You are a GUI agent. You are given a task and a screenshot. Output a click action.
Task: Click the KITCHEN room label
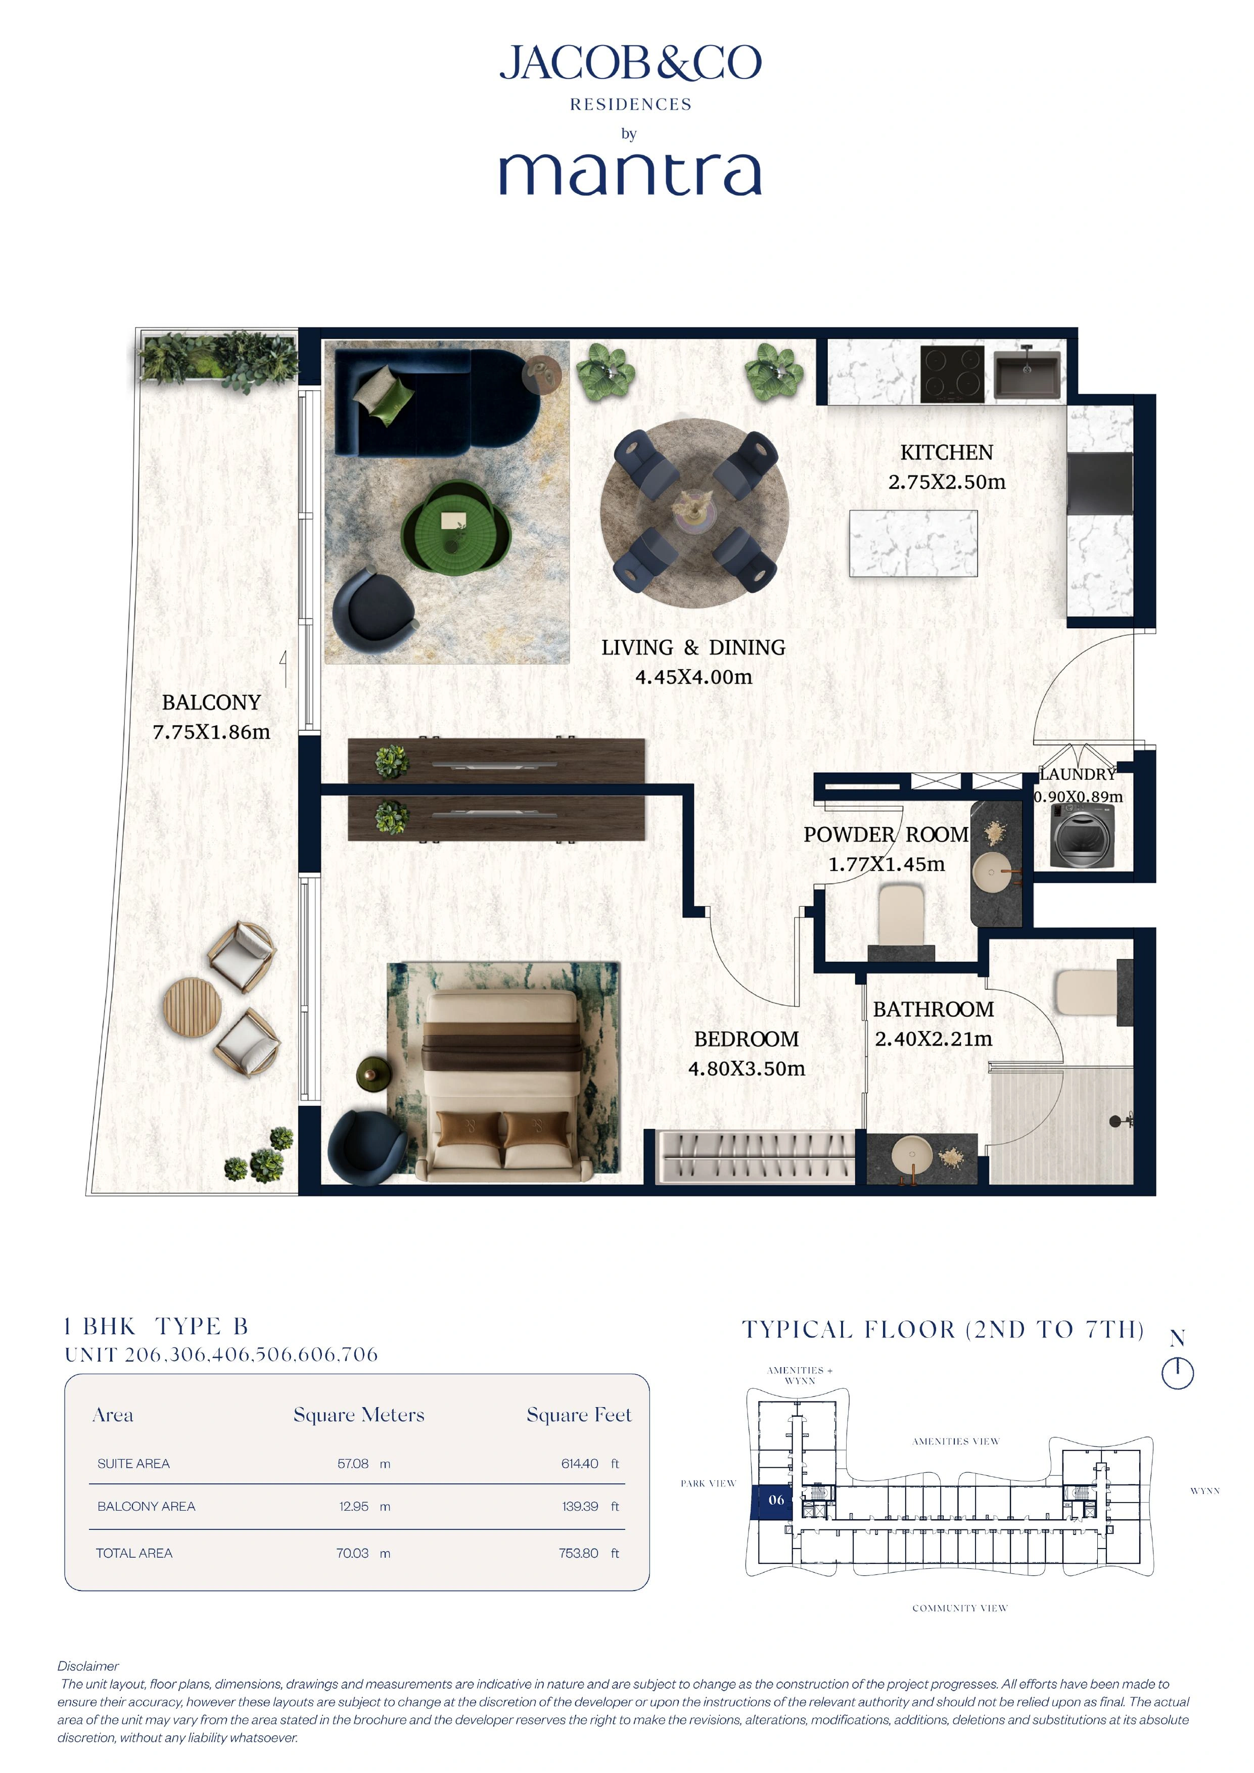point(947,452)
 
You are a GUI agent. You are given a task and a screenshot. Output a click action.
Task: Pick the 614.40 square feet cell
point(580,1463)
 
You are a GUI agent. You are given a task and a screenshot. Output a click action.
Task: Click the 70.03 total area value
point(352,1553)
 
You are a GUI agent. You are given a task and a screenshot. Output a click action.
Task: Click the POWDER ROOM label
point(885,835)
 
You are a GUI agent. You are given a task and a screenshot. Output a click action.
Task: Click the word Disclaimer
point(88,1666)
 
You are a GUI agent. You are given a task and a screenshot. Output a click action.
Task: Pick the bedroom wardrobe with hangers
point(755,1157)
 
